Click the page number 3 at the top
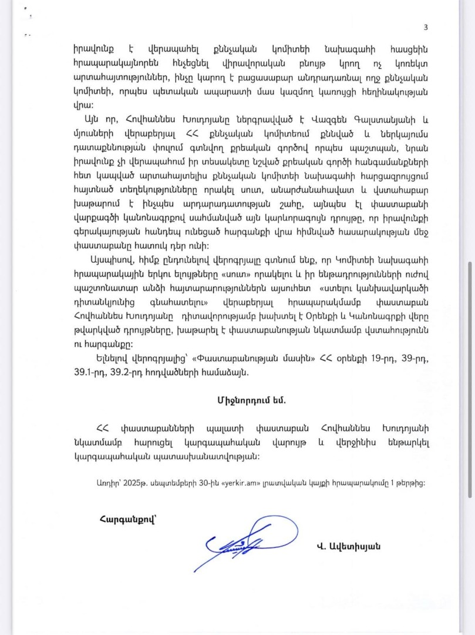click(426, 28)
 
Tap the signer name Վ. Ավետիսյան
click(348, 546)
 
